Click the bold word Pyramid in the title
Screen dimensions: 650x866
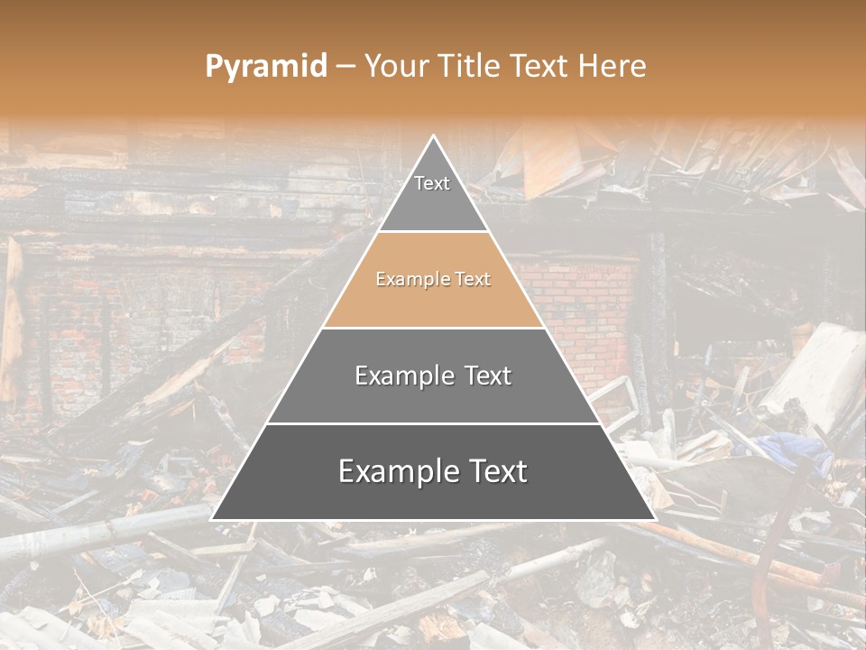click(265, 66)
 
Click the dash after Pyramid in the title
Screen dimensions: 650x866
click(345, 67)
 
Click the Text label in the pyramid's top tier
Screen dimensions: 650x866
click(432, 183)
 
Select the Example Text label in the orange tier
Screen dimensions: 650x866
click(433, 279)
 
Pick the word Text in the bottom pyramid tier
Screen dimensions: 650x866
click(495, 471)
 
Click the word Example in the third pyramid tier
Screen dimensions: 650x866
click(401, 376)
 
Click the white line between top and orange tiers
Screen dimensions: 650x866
click(433, 231)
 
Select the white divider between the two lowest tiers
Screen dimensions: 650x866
click(433, 423)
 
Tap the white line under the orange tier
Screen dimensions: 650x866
click(433, 328)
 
